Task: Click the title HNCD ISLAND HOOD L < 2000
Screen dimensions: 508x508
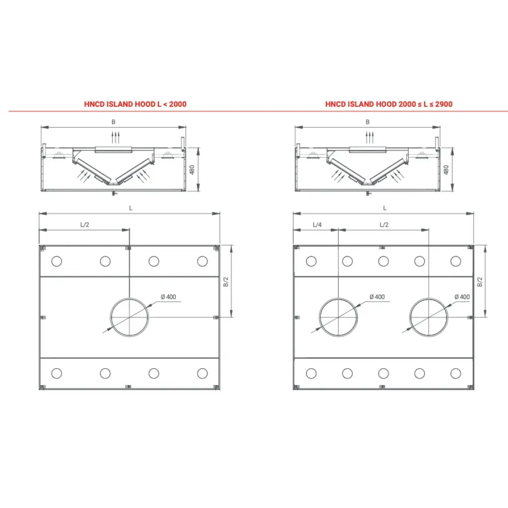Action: click(x=135, y=104)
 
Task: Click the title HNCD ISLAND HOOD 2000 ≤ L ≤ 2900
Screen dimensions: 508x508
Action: click(x=389, y=104)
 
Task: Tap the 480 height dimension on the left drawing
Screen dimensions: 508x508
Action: click(x=192, y=170)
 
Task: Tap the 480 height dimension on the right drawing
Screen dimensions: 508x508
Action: click(x=446, y=170)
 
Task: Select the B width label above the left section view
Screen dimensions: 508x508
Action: click(x=114, y=122)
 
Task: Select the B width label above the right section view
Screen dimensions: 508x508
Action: click(x=367, y=122)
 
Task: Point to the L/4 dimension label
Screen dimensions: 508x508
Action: click(x=317, y=224)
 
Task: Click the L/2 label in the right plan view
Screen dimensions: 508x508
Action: click(x=385, y=224)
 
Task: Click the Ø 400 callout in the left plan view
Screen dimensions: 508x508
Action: click(x=168, y=297)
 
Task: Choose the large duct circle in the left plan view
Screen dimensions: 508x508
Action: click(x=130, y=317)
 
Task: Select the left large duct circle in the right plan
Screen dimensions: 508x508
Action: click(x=338, y=317)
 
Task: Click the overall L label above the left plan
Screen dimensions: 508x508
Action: click(x=131, y=208)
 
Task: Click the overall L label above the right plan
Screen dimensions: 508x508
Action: click(x=385, y=208)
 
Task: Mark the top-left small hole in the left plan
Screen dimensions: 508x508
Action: click(x=57, y=262)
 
